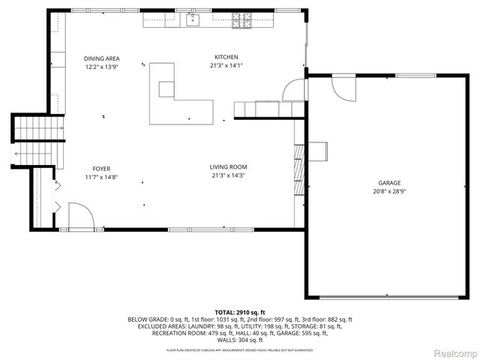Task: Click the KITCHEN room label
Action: point(226,57)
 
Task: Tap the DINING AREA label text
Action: point(102,58)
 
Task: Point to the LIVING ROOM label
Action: point(229,166)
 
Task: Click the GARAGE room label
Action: point(388,182)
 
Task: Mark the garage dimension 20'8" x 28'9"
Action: point(388,191)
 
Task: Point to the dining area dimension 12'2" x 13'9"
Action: point(102,67)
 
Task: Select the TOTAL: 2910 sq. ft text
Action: point(240,312)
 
